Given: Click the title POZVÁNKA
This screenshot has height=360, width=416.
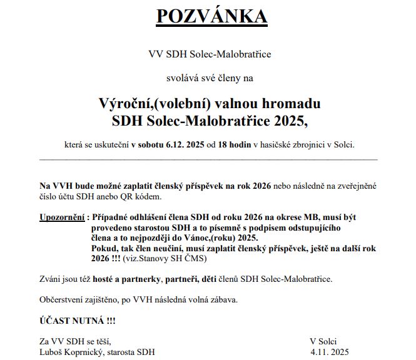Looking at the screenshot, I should (211, 16).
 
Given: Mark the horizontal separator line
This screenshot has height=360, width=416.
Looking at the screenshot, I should (208, 159).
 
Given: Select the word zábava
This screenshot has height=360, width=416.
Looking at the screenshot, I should (221, 299).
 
